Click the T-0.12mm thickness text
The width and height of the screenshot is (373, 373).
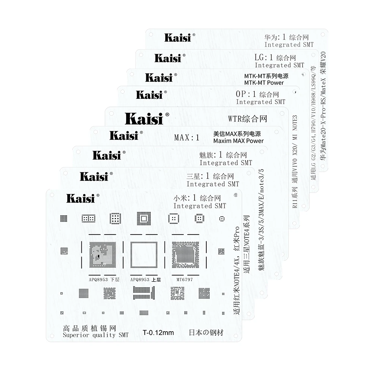(x=159, y=333)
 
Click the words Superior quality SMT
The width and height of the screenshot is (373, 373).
(x=95, y=335)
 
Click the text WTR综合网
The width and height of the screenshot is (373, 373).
(x=248, y=119)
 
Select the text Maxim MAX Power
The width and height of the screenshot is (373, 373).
(x=238, y=141)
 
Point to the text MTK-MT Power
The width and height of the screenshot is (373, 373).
(x=264, y=82)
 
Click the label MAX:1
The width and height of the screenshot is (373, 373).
(x=186, y=138)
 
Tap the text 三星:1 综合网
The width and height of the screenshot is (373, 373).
(x=210, y=176)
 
